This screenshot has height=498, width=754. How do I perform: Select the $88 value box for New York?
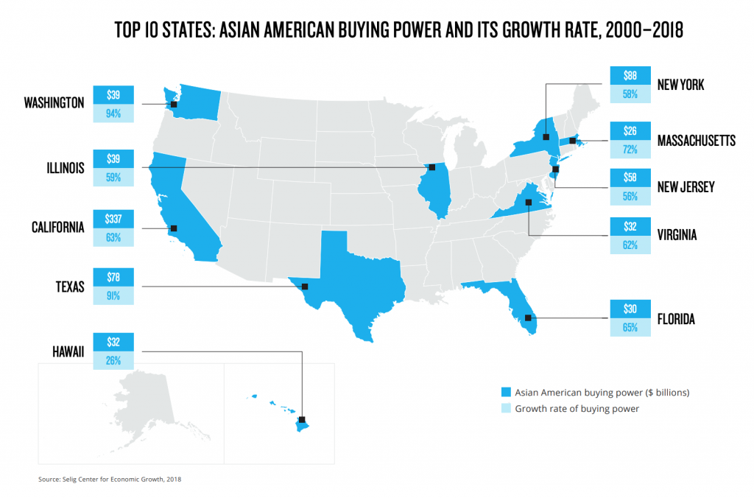[630, 76]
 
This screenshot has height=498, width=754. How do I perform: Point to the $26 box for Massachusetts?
[630, 132]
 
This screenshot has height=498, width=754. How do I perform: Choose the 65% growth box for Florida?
[630, 327]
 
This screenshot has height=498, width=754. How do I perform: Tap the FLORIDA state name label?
[676, 319]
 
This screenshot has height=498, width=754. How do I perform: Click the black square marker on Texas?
[305, 286]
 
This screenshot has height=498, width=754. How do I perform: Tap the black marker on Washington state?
[174, 105]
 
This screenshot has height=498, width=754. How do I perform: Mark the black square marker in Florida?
[528, 318]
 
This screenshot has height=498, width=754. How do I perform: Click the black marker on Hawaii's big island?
[302, 421]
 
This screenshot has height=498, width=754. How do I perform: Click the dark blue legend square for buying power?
[504, 391]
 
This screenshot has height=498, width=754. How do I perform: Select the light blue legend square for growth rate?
[504, 408]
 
